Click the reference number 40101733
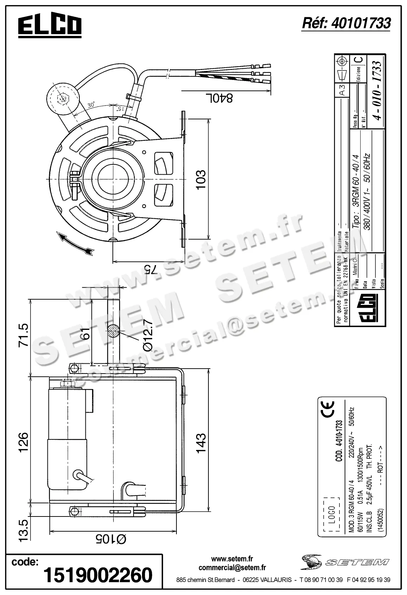pyautogui.click(x=346, y=23)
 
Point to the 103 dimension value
pyautogui.click(x=200, y=180)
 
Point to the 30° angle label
pyautogui.click(x=91, y=105)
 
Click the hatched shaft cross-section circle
pyautogui.click(x=114, y=331)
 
